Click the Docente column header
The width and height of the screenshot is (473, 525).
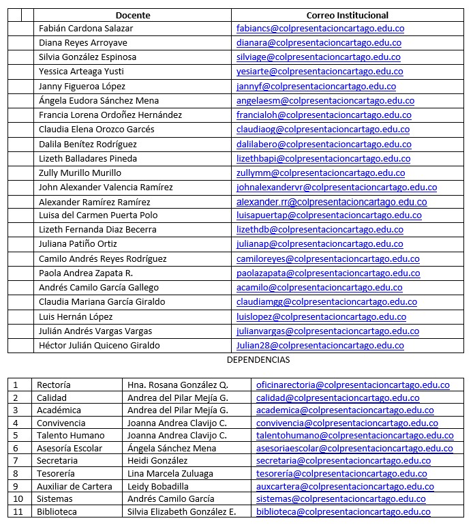click(133, 15)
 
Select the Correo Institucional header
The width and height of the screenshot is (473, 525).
click(347, 15)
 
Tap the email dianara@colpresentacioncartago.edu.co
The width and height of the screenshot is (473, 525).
click(318, 43)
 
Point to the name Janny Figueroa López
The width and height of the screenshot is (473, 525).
click(82, 87)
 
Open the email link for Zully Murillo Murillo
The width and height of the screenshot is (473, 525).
click(320, 173)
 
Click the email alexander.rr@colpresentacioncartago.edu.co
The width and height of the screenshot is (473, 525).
click(331, 202)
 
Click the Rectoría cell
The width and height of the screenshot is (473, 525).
click(54, 385)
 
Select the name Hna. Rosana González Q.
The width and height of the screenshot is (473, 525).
click(178, 385)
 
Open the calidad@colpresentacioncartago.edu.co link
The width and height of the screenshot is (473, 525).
click(337, 398)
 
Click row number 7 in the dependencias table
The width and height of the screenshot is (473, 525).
click(16, 461)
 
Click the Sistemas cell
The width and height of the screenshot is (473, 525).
click(54, 499)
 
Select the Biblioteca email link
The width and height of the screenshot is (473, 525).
click(343, 512)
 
